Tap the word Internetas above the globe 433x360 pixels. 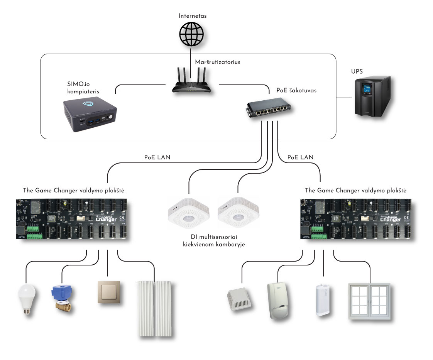pos(192,16)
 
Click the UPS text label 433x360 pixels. pos(367,71)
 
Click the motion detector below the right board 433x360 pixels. pos(278,301)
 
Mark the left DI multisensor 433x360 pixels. pos(189,214)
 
